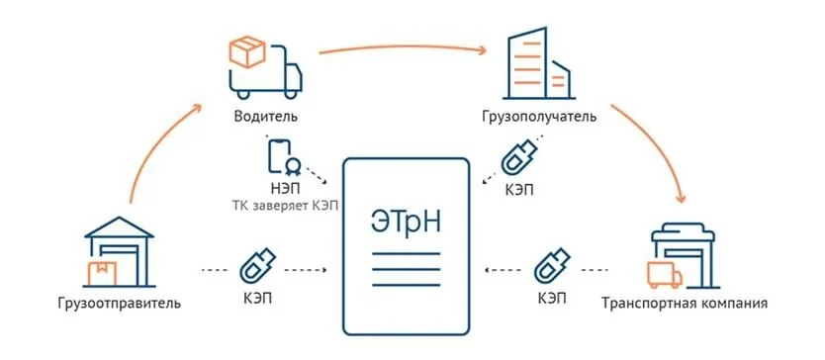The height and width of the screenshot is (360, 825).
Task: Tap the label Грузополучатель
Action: click(x=540, y=117)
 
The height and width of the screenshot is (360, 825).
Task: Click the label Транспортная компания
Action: click(x=684, y=302)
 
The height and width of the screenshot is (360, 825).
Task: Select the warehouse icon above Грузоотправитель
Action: click(x=120, y=252)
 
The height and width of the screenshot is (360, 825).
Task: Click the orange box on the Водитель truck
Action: click(x=246, y=50)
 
